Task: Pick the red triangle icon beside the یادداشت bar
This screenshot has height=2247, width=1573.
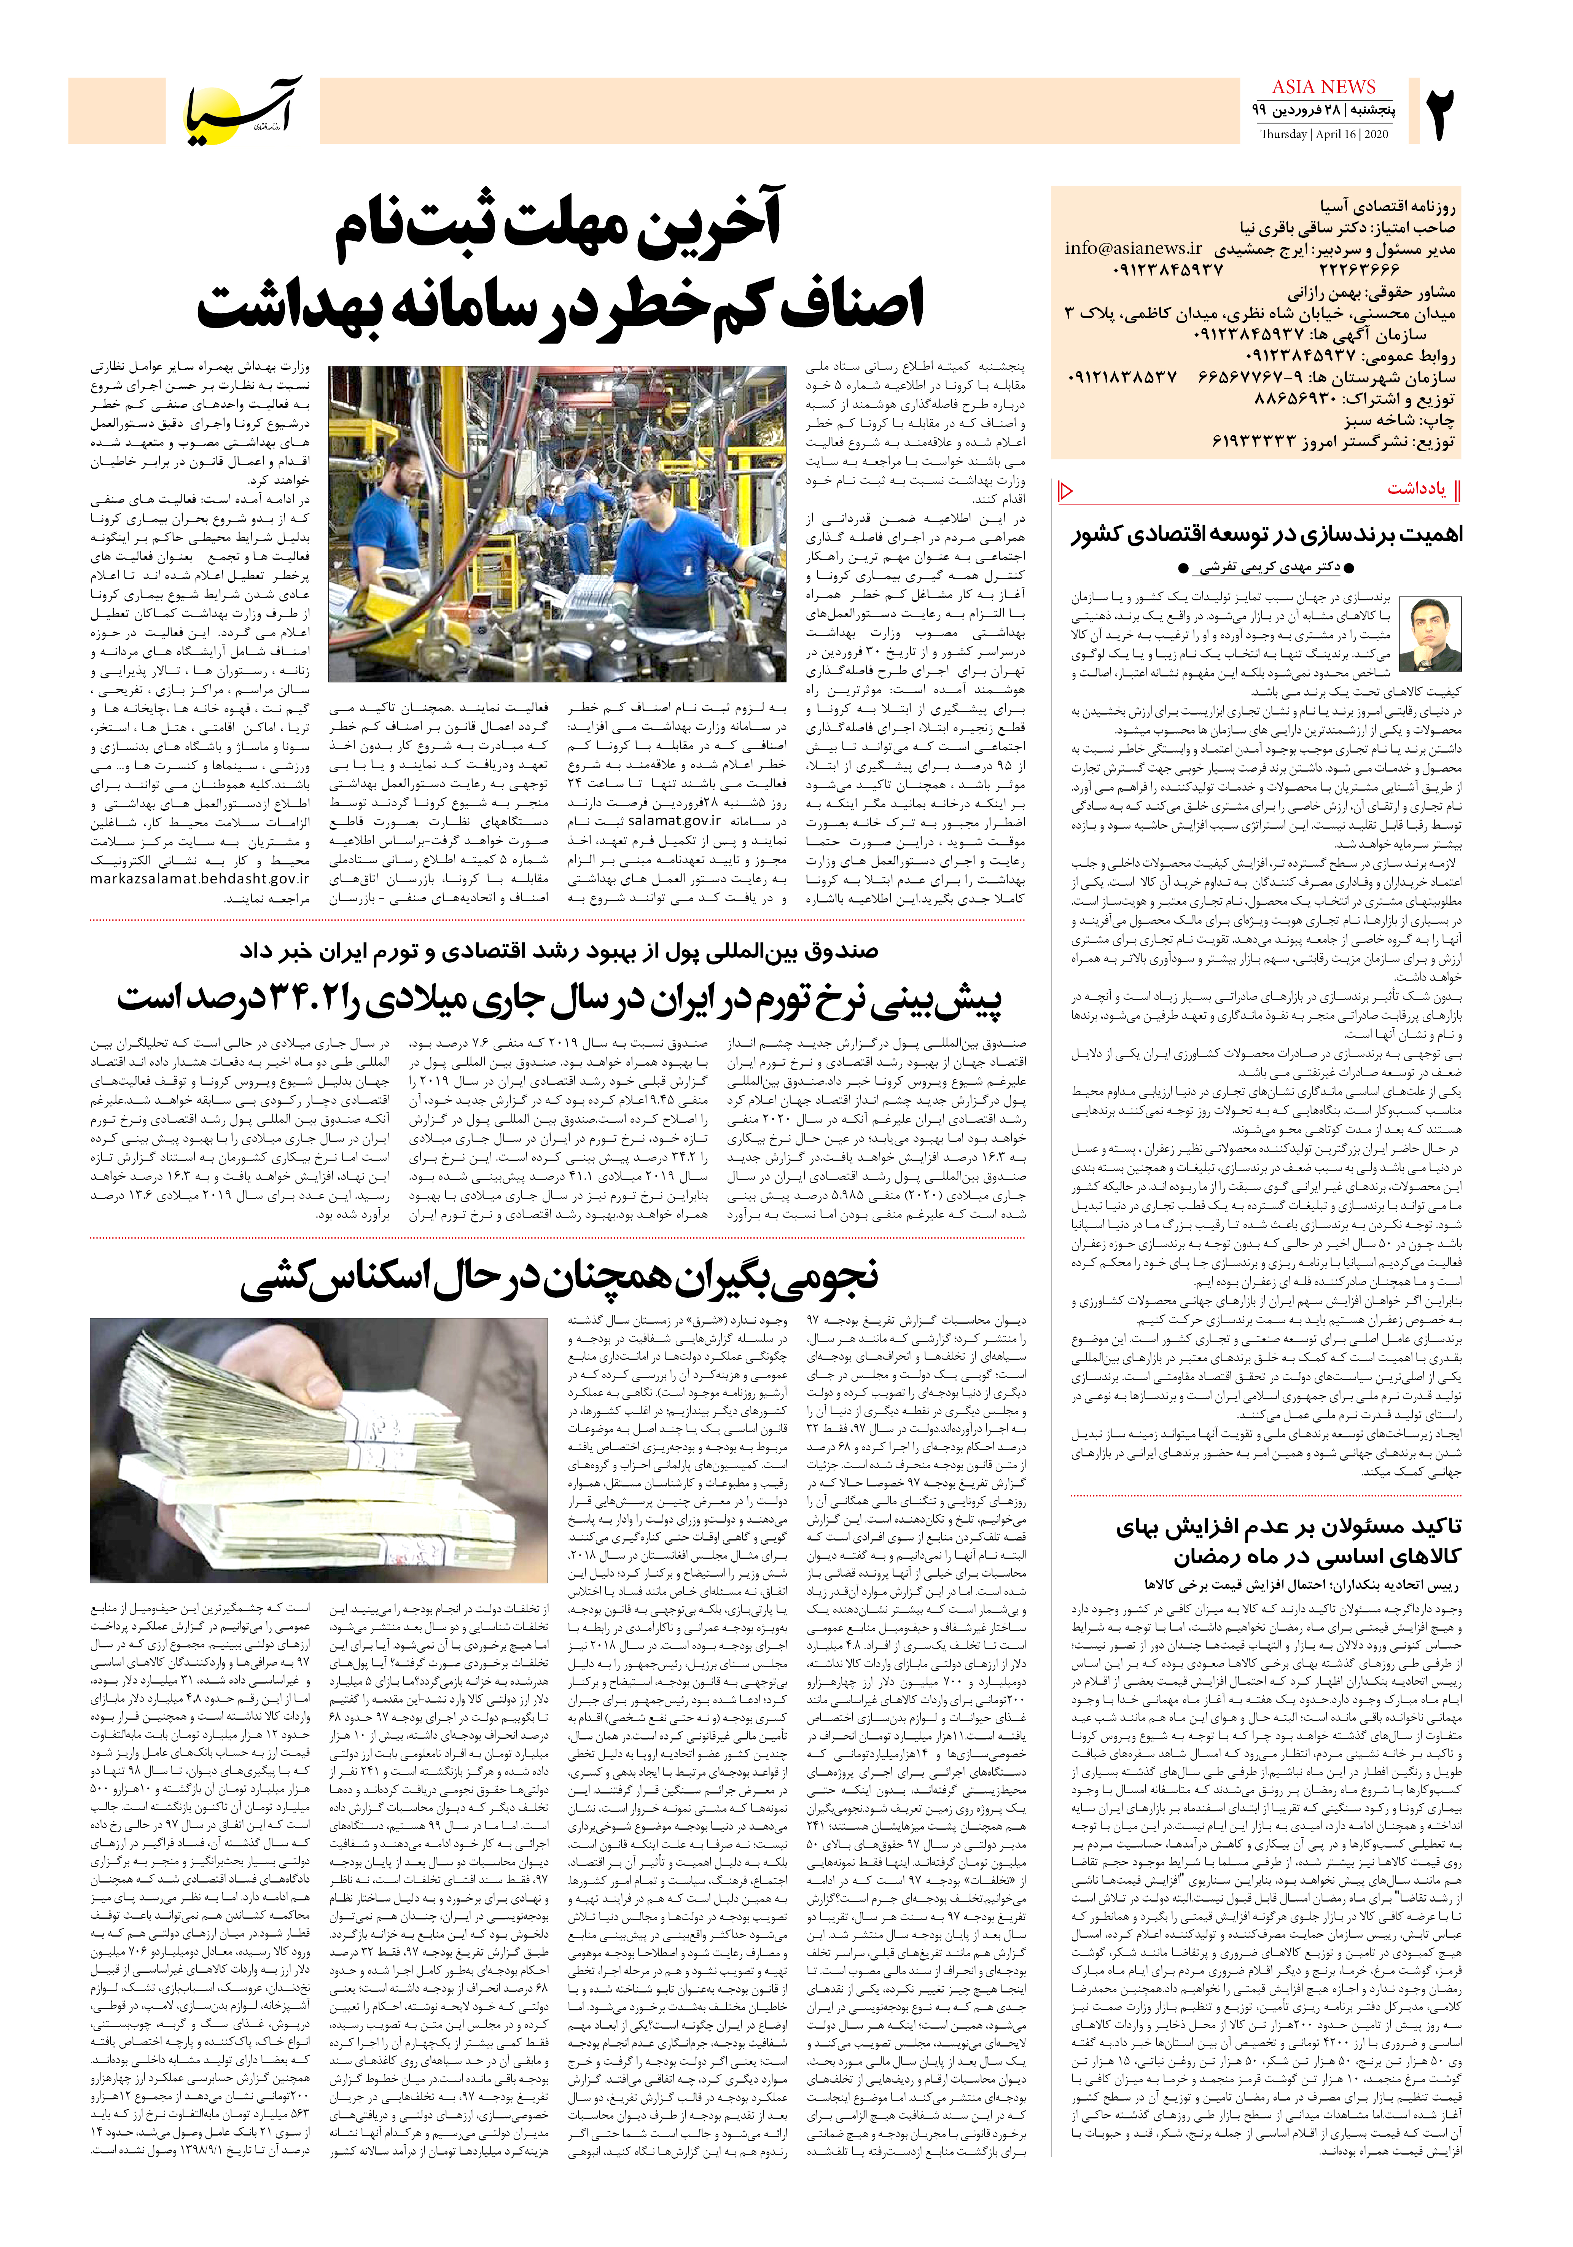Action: (x=1066, y=489)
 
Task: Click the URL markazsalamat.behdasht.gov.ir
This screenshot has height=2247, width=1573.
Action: (x=200, y=879)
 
